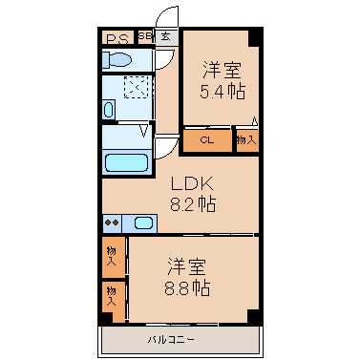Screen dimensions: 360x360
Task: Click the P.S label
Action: (x=117, y=39)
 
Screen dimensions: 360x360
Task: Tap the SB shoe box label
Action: (x=145, y=35)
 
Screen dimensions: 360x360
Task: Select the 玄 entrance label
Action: (x=165, y=36)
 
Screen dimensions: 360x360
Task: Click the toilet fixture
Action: (x=116, y=59)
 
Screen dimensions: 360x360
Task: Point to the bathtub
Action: (x=126, y=162)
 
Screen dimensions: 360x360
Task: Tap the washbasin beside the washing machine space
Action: (x=109, y=110)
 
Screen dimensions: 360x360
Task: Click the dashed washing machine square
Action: (x=137, y=87)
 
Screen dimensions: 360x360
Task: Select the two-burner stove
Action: (x=112, y=222)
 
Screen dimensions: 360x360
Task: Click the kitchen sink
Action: (x=143, y=222)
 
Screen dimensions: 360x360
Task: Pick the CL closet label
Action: (x=207, y=139)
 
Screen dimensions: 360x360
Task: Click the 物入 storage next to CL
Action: (x=246, y=139)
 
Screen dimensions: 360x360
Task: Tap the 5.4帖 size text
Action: (x=222, y=92)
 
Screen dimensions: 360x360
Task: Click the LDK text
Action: (x=192, y=183)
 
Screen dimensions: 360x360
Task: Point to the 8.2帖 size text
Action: (x=193, y=204)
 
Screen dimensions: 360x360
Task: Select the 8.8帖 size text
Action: (x=187, y=288)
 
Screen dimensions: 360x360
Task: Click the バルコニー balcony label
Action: (x=171, y=340)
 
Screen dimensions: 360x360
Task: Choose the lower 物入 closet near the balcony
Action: (x=114, y=301)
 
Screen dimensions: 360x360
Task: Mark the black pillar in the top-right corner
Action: (x=255, y=37)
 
